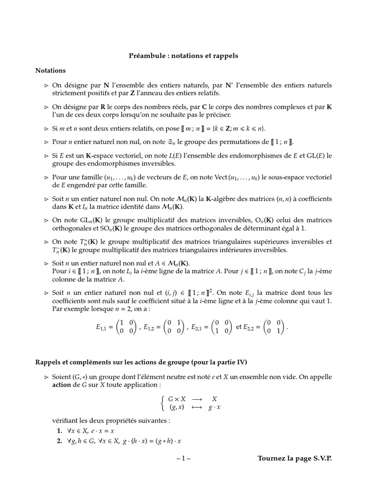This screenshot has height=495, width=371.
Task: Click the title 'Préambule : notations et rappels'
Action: (183, 56)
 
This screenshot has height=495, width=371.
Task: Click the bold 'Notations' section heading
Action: (50, 71)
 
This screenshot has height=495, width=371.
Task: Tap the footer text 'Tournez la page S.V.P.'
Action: (295, 458)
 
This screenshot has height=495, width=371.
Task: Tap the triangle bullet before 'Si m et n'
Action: (47, 129)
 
